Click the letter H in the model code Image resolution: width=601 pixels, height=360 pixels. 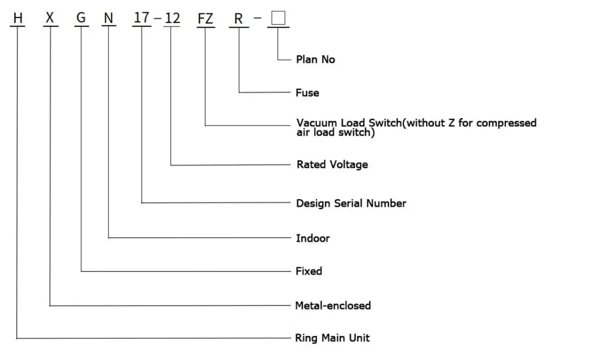[x=18, y=18]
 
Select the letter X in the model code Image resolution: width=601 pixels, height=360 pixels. [x=50, y=18]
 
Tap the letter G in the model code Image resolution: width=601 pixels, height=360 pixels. [x=81, y=18]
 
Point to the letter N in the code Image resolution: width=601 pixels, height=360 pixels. [x=109, y=18]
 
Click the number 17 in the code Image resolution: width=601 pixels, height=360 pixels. [x=141, y=18]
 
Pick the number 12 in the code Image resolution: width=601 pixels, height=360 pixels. [x=172, y=18]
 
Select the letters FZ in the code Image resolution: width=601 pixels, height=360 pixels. [x=205, y=18]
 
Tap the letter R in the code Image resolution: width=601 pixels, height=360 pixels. [x=238, y=18]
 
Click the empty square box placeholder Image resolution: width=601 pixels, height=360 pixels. [x=278, y=18]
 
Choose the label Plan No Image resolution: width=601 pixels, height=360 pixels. [x=315, y=59]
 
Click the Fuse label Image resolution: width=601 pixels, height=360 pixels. [x=307, y=93]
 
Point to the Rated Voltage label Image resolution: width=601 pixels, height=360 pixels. [x=332, y=164]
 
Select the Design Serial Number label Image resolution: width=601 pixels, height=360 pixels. [x=351, y=203]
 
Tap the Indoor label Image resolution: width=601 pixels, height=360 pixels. [x=312, y=238]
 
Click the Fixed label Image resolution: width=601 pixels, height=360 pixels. [x=309, y=271]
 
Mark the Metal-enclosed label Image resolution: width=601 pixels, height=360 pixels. [x=333, y=305]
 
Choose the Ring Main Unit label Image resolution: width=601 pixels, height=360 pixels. [x=332, y=338]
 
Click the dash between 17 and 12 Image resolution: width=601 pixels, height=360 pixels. [x=157, y=18]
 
